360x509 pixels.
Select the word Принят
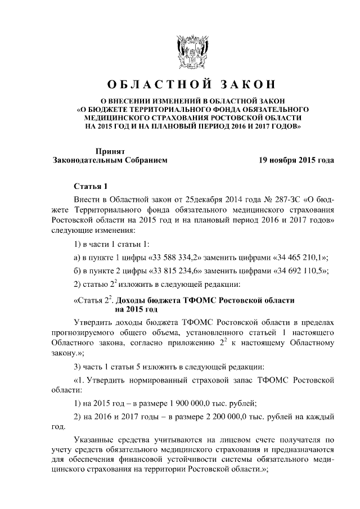(109, 151)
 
